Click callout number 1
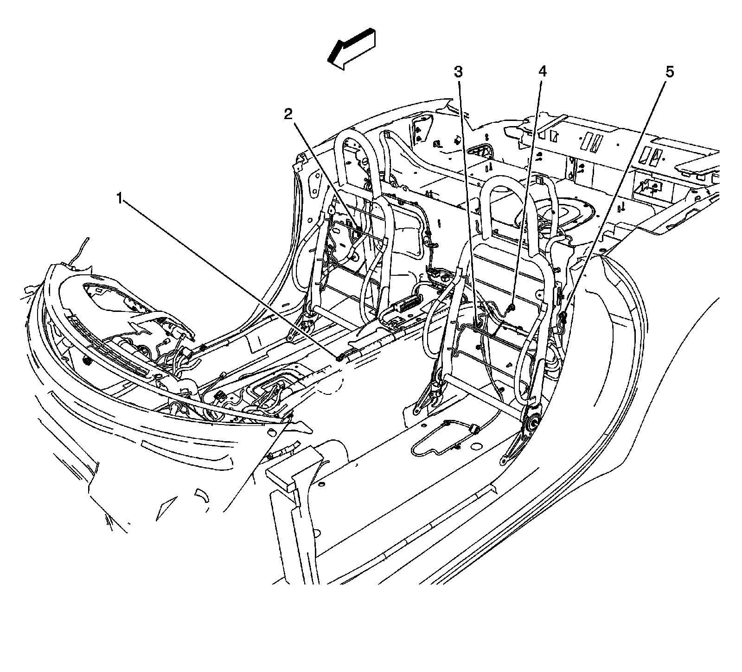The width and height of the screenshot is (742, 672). pos(120,200)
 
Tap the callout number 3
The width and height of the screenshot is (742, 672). pos(458,72)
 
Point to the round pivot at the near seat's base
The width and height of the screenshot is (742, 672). pos(531,421)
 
